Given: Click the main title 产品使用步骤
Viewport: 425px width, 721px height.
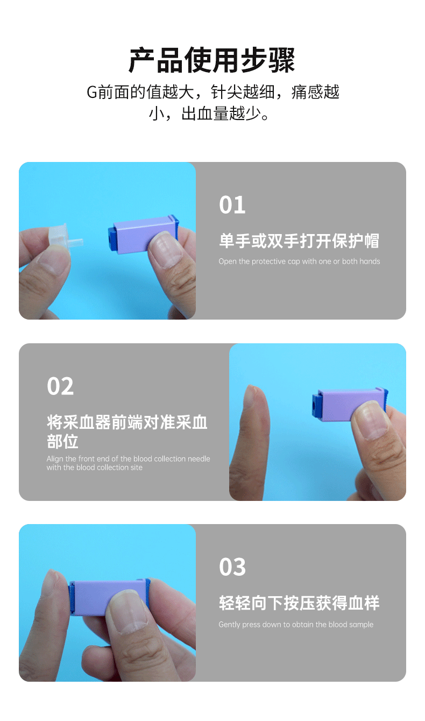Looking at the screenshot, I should (x=212, y=60).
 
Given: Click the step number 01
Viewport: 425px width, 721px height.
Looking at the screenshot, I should (x=232, y=205).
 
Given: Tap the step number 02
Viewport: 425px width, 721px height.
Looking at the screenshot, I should (x=60, y=386).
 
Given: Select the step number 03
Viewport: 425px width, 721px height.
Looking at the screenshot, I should (x=232, y=567).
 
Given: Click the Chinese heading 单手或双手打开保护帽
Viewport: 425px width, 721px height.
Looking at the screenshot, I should (x=299, y=241).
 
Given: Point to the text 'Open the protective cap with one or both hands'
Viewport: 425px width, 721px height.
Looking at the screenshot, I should (x=299, y=261).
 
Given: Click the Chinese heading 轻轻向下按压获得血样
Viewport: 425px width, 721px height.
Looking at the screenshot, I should (x=299, y=603).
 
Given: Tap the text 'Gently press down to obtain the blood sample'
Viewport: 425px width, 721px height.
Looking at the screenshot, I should (x=296, y=625).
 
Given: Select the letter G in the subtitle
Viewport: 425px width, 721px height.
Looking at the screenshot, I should (x=91, y=92).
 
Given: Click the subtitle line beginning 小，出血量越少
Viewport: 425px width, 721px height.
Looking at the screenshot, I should (x=212, y=114).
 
